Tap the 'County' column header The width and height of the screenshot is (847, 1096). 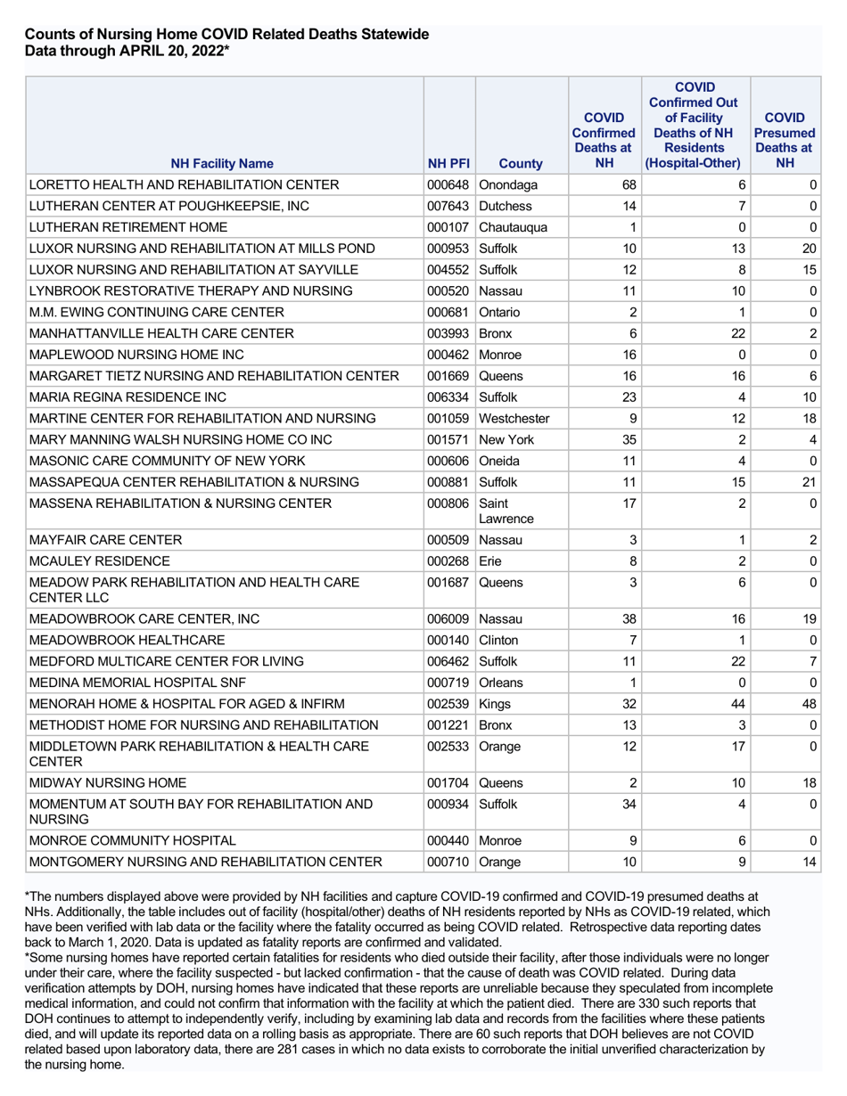[x=521, y=163]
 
